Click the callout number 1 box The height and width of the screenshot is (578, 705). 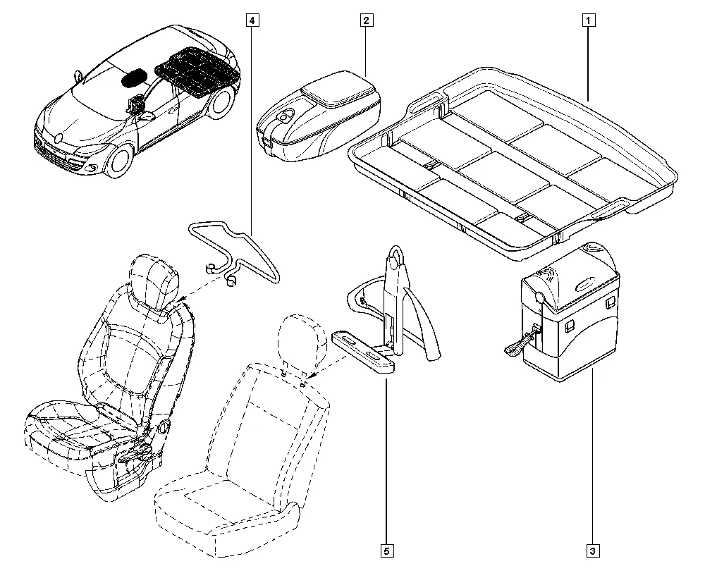click(x=586, y=20)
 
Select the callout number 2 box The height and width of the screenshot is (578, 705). click(x=366, y=20)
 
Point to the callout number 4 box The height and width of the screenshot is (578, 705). click(x=252, y=20)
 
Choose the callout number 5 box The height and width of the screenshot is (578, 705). click(x=387, y=551)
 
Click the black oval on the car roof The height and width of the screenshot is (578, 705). click(x=135, y=78)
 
